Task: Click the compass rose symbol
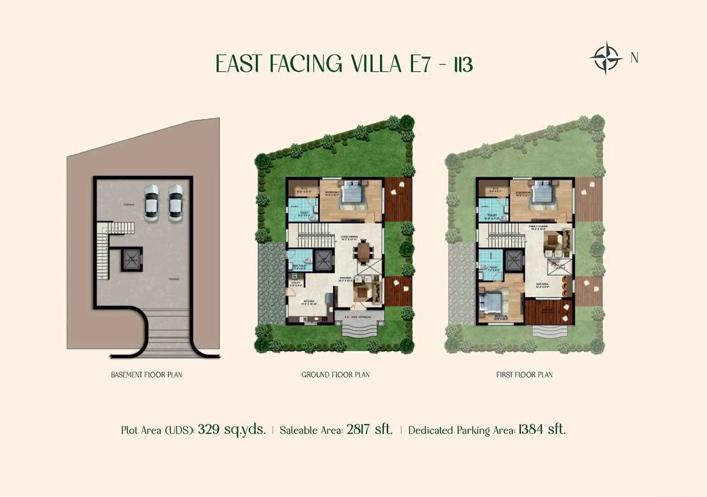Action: tap(605, 58)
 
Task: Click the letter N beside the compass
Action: tap(634, 58)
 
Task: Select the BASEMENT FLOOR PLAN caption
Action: tap(146, 375)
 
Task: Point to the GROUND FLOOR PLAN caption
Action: tap(335, 375)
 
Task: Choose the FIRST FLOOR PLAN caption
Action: tap(524, 375)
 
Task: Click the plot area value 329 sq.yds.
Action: tap(232, 429)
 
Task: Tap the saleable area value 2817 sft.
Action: tap(369, 429)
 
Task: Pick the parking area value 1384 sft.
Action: tap(542, 429)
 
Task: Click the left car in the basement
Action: tap(151, 202)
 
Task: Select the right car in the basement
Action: tap(175, 202)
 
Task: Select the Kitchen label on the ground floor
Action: tap(308, 302)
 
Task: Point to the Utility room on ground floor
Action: tap(296, 284)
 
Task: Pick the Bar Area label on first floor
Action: tap(542, 285)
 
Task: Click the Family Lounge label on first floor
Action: tap(538, 227)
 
